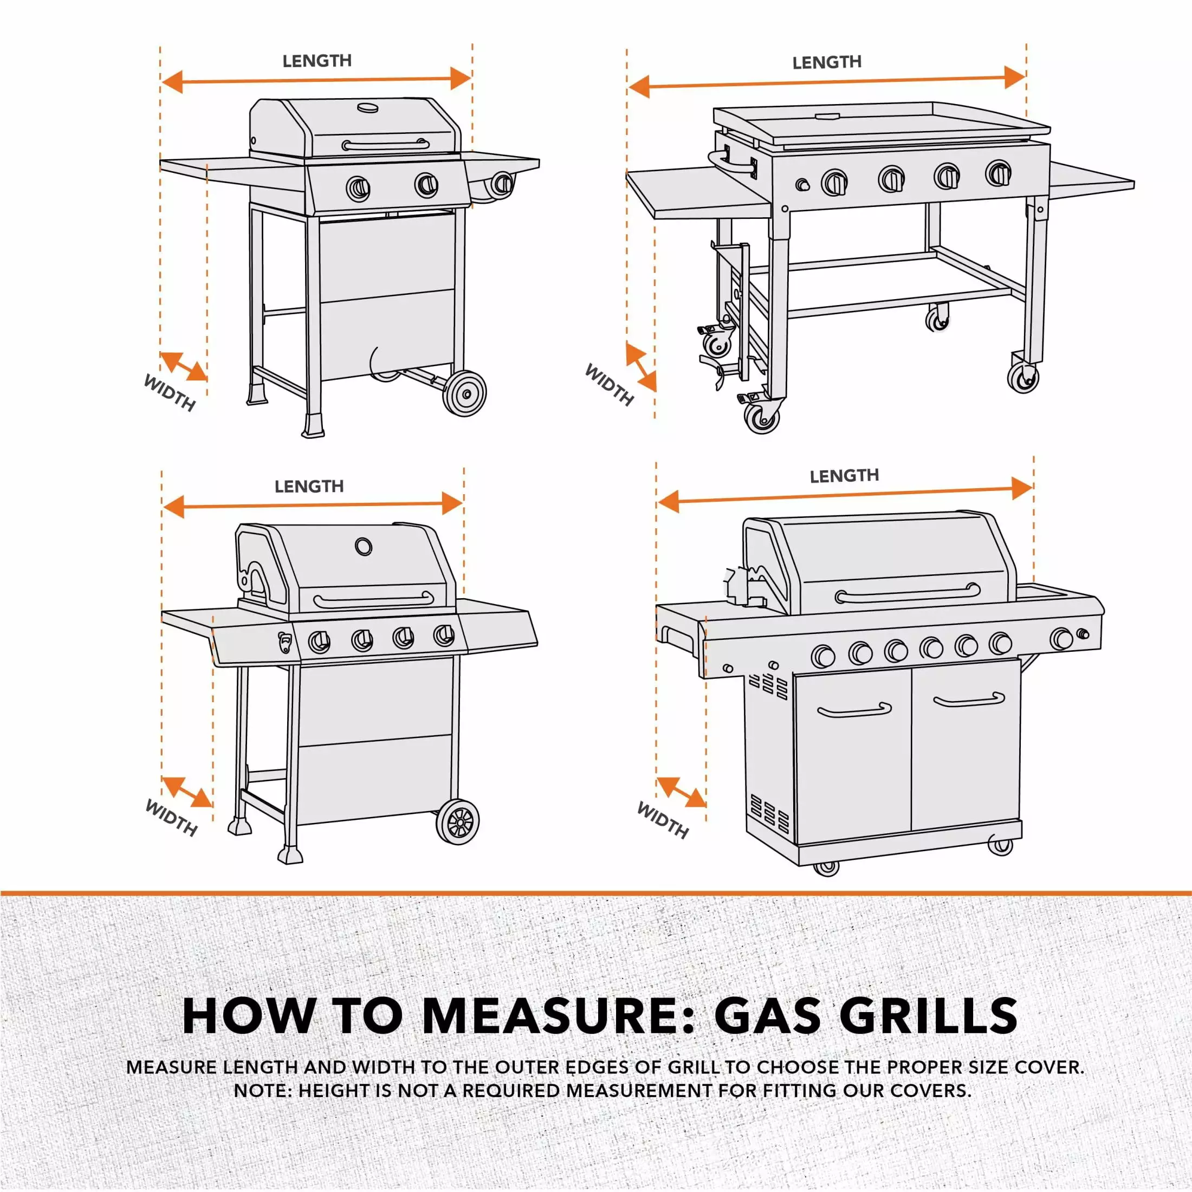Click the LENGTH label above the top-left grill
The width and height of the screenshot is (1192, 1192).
(317, 61)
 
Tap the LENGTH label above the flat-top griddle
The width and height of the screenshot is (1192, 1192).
(827, 62)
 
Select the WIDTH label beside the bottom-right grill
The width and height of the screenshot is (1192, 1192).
(663, 820)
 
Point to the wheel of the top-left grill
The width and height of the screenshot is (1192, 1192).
(465, 394)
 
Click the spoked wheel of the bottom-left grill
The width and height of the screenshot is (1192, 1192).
(458, 822)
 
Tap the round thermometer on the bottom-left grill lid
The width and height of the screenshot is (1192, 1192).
(364, 546)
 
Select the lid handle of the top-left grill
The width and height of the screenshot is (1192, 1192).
(386, 146)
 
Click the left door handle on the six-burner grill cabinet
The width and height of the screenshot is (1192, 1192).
(854, 710)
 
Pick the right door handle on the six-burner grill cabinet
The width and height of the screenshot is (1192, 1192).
(969, 699)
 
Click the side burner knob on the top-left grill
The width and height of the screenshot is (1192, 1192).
(503, 183)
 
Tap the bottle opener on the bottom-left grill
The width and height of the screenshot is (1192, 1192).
(285, 642)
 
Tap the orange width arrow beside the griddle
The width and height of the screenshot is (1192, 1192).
(641, 368)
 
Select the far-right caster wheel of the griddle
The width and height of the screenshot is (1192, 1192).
(1023, 377)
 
